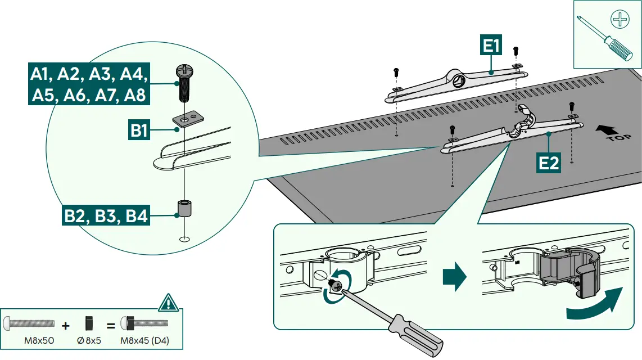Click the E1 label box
point(491,45)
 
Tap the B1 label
point(139,130)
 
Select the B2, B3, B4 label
point(106,215)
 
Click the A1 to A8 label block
point(89,84)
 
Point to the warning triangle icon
point(168,303)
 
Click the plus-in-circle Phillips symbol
point(620,19)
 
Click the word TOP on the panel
point(618,138)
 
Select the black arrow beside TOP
point(607,130)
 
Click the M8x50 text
point(39,340)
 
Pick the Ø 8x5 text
point(89,340)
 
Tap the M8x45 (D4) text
point(144,340)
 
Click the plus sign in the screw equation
point(66,326)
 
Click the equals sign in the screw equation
point(111,326)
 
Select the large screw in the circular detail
point(184,83)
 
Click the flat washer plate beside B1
point(188,119)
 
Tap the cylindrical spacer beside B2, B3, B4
point(184,209)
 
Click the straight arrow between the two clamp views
point(454,277)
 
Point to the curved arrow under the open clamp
point(595,304)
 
